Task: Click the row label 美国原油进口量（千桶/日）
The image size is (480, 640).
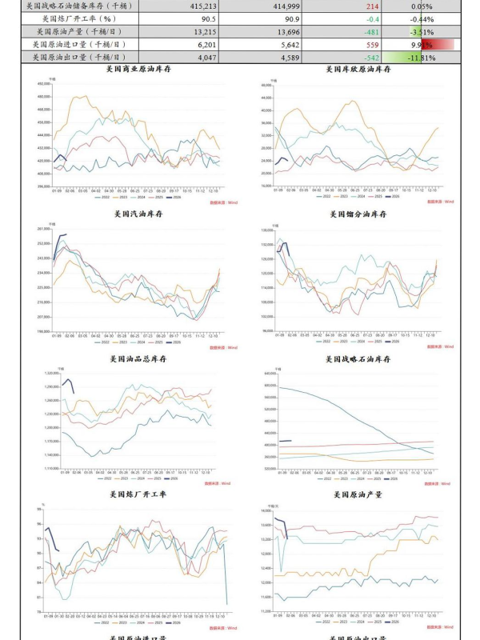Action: (x=86, y=45)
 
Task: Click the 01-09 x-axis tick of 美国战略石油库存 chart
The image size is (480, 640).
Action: (x=267, y=472)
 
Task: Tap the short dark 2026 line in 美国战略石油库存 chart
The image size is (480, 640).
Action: (x=285, y=441)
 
